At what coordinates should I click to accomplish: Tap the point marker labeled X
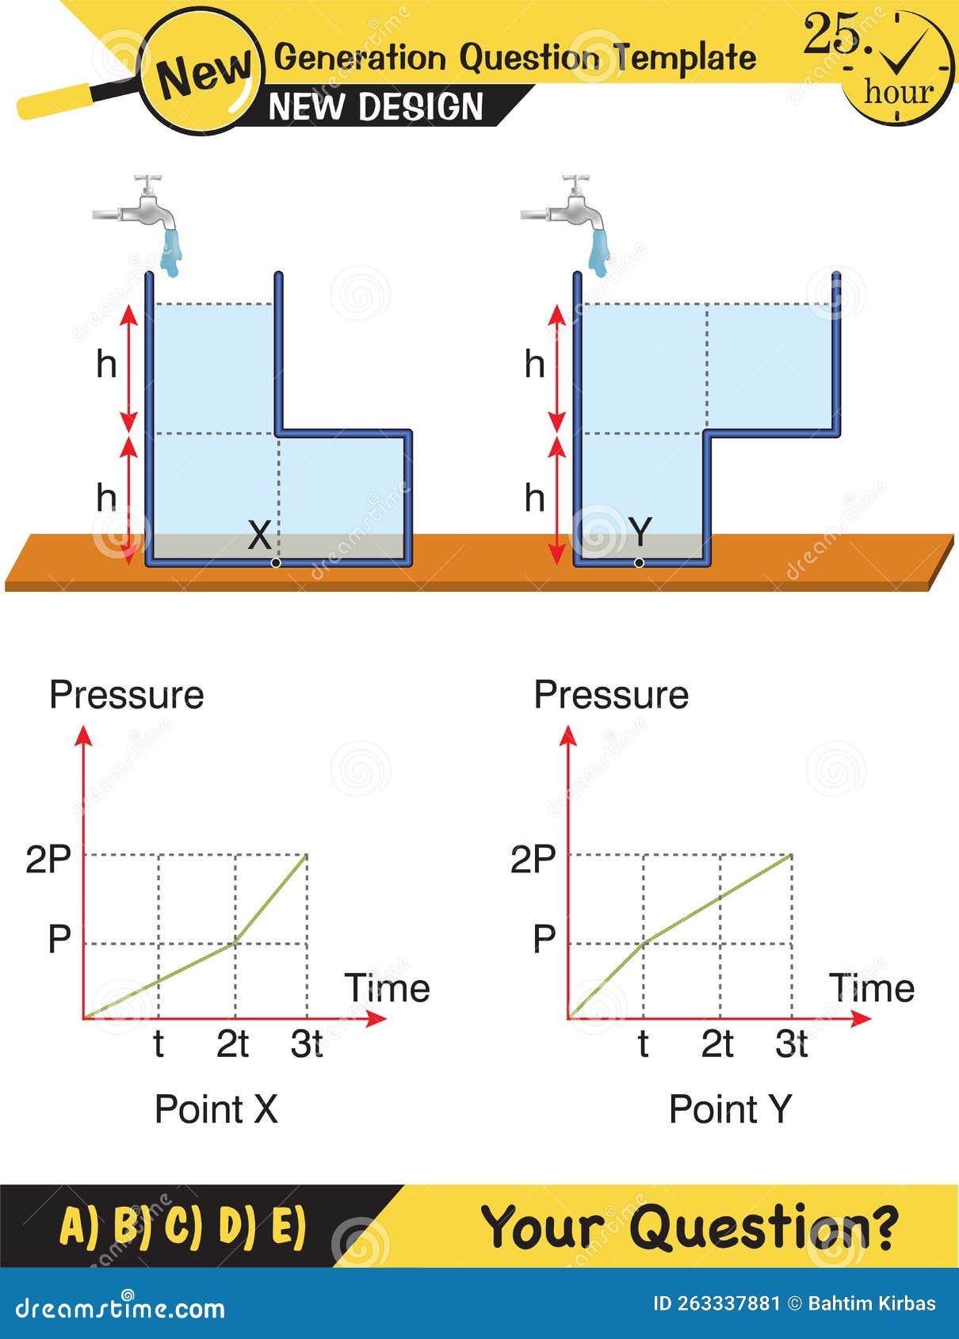pos(275,563)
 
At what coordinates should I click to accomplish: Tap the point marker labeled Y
pos(639,563)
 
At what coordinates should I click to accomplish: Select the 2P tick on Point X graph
pos(48,859)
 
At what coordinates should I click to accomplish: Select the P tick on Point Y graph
pos(544,940)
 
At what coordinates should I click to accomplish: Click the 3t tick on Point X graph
pos(307,1044)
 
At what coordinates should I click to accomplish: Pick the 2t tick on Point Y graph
pos(717,1044)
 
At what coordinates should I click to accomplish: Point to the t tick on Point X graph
pos(159,1044)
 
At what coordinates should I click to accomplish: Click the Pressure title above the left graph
pos(127,695)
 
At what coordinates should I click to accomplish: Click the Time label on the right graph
pos(871,988)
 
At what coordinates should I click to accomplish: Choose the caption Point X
pos(216,1108)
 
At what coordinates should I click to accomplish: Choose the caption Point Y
pos(730,1108)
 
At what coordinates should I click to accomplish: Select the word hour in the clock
pos(899,92)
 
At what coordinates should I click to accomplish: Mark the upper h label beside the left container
pos(106,364)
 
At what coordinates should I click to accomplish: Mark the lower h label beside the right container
pos(535,498)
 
